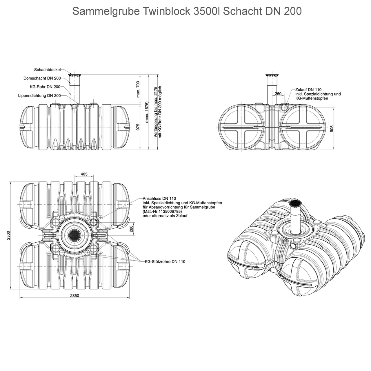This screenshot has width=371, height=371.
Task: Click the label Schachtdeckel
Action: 47,70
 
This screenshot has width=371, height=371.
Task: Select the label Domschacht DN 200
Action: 42,78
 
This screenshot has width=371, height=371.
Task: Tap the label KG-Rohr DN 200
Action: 45,87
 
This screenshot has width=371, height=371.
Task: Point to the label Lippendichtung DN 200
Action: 39,95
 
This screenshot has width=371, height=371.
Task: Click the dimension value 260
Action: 278,94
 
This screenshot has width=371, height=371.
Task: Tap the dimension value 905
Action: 332,129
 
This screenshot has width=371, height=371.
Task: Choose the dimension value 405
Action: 84,174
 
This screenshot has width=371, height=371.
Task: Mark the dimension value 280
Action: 131,229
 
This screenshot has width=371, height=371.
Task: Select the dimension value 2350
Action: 74,296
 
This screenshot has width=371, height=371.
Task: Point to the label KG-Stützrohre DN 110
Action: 165,261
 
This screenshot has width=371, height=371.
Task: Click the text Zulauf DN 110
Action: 308,90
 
